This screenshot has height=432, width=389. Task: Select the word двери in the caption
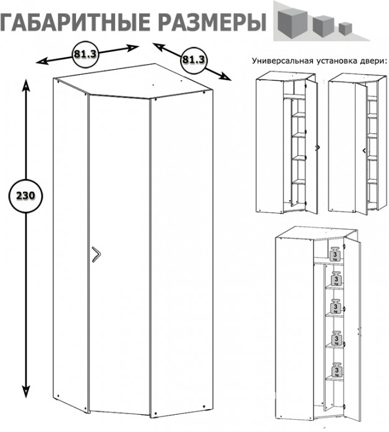[373, 61]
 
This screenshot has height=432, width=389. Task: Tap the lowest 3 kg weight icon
[336, 368]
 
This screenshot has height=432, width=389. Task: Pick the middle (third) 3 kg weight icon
[336, 307]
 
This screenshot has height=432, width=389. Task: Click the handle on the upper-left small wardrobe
[317, 147]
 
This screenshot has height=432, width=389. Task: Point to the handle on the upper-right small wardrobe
[363, 149]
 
